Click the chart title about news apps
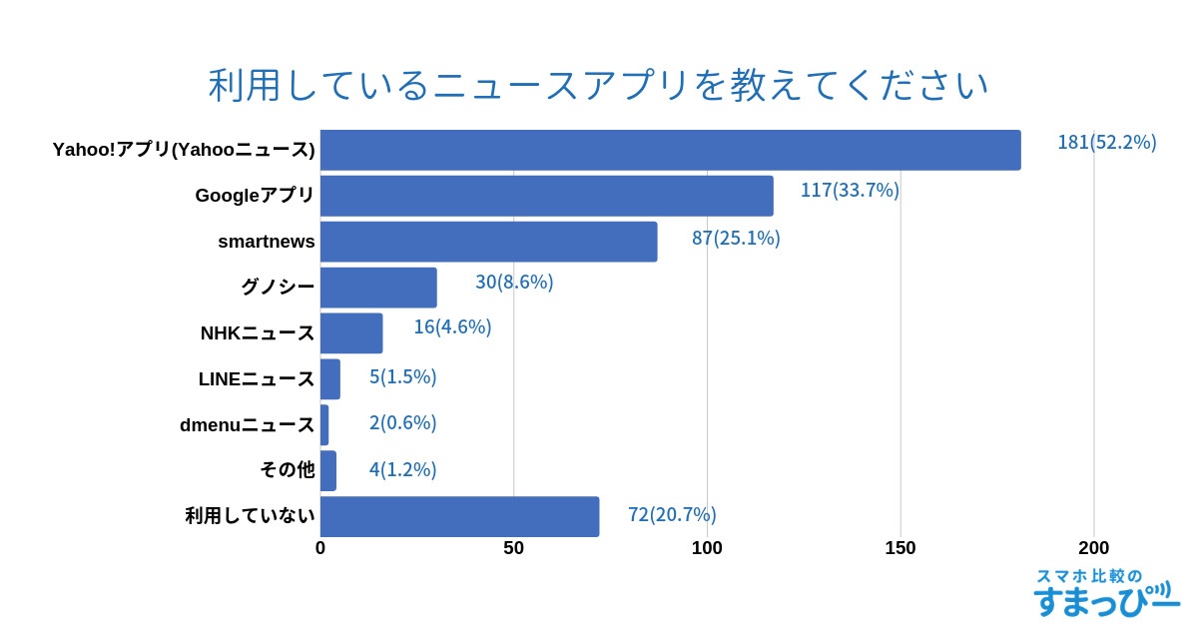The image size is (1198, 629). coord(598,86)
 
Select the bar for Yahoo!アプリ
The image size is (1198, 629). coord(670,150)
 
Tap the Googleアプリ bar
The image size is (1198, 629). coord(546,196)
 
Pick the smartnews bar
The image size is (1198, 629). coord(488,242)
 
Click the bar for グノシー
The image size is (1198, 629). coord(378,288)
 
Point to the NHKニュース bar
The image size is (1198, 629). coord(351,333)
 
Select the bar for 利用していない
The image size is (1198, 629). coord(459,516)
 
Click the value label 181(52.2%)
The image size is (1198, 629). coord(1106,142)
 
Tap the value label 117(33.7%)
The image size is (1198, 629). coord(850,190)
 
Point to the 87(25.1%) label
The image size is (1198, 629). coord(736,238)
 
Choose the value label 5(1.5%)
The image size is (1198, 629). coord(402,376)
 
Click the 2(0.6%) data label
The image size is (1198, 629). coord(402,422)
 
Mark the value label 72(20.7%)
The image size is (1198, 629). coord(672,514)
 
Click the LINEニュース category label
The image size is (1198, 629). coord(257,379)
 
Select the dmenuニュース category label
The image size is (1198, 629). coord(247,425)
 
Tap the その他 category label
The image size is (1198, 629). coord(287,470)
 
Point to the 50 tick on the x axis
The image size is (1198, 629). coord(513,548)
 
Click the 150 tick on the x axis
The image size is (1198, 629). coord(900,548)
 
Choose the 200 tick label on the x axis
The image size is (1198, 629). coord(1093,548)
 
